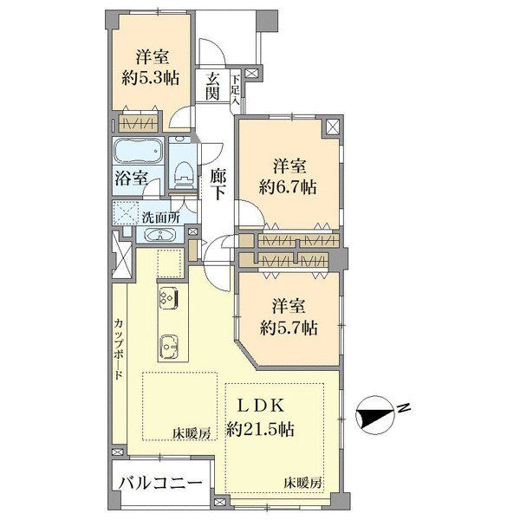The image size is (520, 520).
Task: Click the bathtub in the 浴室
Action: [x=139, y=150]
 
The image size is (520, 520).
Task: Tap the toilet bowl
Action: [x=182, y=173]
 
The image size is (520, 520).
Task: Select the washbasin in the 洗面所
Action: [x=160, y=235]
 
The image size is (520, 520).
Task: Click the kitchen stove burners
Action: [x=168, y=296]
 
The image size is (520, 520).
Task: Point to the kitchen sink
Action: [x=170, y=347]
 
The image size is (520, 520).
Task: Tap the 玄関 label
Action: [x=212, y=87]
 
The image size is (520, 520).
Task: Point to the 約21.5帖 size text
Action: [x=260, y=430]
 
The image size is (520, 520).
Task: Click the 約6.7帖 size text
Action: [x=288, y=188]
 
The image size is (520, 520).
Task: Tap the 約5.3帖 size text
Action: [x=151, y=79]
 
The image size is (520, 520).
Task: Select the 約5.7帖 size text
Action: [x=289, y=328]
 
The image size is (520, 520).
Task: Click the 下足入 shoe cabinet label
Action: [x=236, y=90]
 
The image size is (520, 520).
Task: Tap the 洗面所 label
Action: [x=161, y=218]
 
